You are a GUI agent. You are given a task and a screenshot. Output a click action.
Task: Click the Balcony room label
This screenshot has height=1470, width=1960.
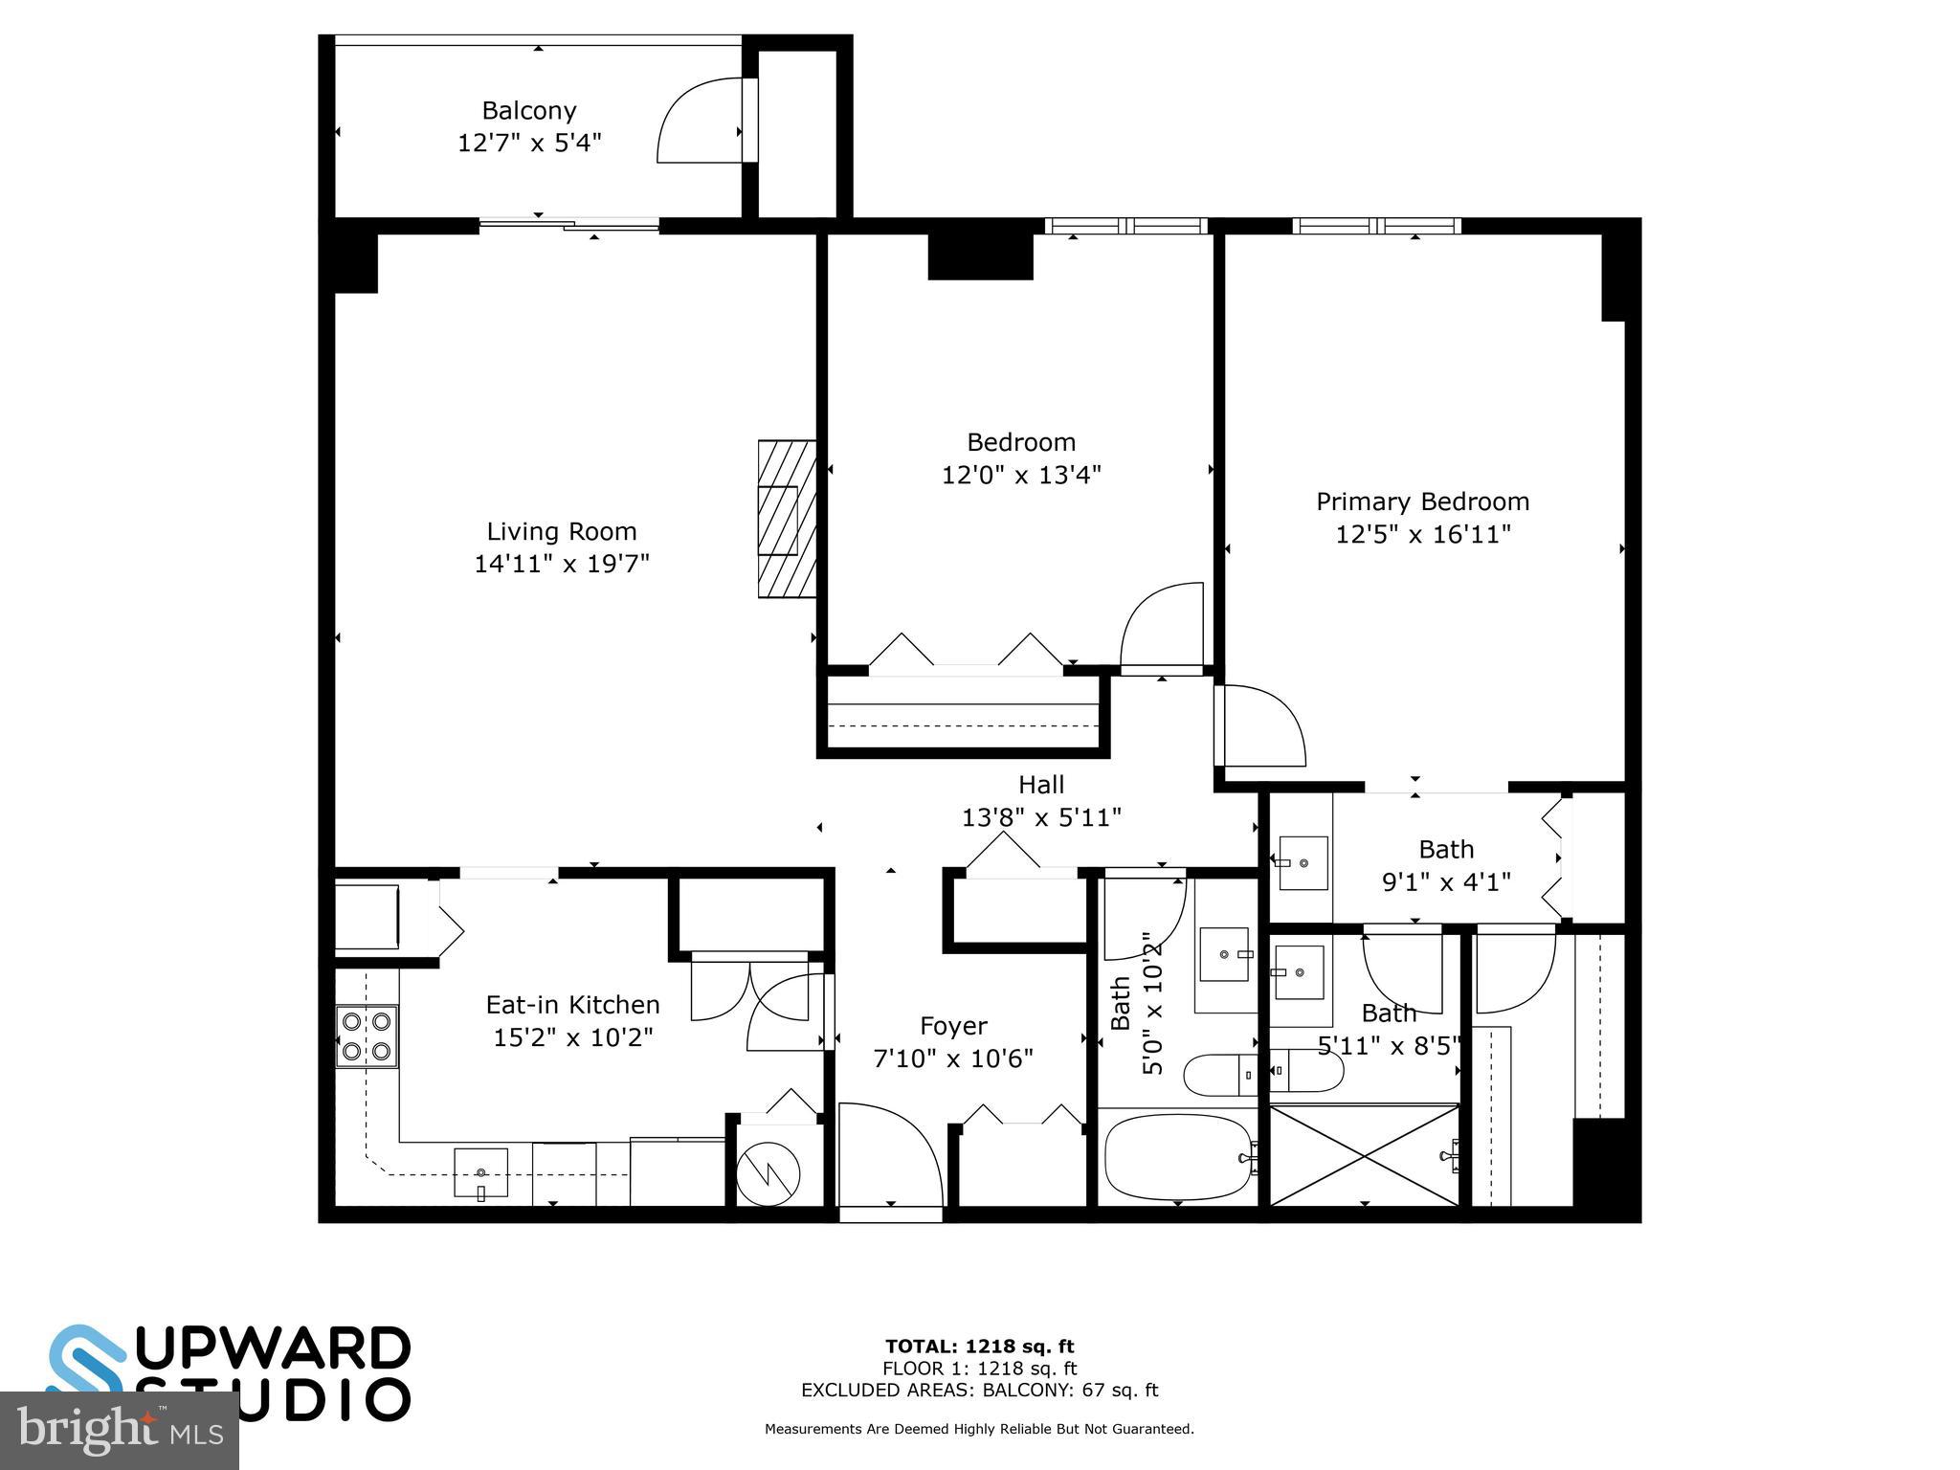coord(528,110)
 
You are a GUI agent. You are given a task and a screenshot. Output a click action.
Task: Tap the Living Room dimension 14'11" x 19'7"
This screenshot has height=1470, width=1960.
coord(562,564)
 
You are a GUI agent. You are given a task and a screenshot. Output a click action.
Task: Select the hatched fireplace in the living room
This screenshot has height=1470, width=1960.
coord(787,520)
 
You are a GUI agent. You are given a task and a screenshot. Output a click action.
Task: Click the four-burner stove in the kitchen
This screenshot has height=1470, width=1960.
coord(367,1036)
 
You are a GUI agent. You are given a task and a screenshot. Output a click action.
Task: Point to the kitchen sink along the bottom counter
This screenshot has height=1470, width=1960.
coord(480,1172)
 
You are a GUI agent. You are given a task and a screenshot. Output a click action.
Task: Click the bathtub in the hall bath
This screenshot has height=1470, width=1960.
coord(1177,1156)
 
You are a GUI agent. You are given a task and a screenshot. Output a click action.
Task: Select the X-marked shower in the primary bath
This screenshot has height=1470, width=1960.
coord(1364,1154)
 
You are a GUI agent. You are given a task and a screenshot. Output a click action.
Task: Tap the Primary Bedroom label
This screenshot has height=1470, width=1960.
coord(1422,501)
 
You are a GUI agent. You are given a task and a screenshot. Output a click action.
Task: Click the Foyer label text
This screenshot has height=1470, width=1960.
coord(953,1026)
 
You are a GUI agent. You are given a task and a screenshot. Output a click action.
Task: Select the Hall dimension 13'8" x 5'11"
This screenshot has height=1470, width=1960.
coord(1041,817)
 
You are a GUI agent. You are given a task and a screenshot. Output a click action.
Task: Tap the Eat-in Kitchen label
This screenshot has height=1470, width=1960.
coord(572,1005)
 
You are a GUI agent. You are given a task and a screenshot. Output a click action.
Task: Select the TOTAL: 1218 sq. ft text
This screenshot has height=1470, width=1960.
coord(979,1347)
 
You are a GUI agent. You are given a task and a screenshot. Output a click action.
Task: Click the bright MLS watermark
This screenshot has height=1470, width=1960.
coord(119,1432)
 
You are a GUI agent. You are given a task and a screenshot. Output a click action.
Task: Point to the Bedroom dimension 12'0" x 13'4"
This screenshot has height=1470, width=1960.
coord(1021,475)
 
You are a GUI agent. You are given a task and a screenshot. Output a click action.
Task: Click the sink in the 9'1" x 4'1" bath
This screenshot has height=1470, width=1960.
coord(1303,862)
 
